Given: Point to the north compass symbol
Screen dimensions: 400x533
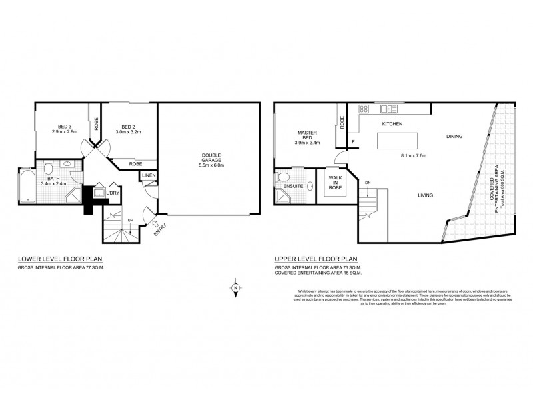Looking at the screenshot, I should point(236,288).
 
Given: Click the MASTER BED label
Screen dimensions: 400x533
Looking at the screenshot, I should point(307,137).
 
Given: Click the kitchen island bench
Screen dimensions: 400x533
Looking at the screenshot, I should point(397,142).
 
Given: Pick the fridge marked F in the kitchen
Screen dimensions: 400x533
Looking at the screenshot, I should point(354,141).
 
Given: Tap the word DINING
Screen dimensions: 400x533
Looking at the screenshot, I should point(455,136).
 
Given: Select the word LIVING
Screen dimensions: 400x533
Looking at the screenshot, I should point(426,195).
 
